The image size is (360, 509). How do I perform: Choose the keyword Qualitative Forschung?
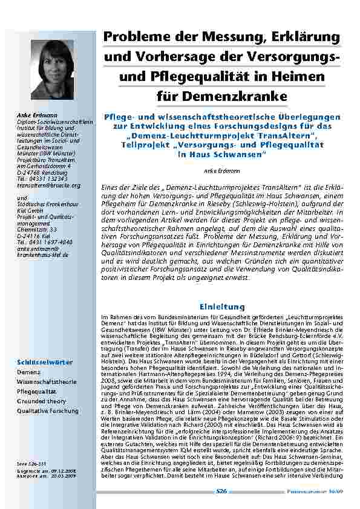click(47, 411)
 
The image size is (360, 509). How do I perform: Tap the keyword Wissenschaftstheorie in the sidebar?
click(47, 382)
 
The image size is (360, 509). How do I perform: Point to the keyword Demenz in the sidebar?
click(28, 373)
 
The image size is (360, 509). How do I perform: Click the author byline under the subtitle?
click(221, 171)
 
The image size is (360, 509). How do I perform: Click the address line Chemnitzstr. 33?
click(37, 230)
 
